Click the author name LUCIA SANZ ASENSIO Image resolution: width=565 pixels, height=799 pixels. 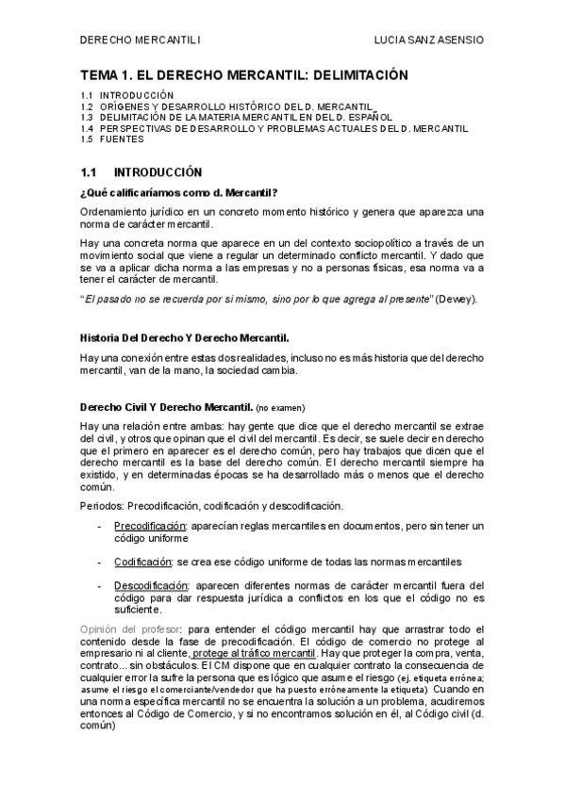click(x=429, y=41)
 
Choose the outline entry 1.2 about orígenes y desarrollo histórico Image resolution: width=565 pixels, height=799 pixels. click(x=227, y=107)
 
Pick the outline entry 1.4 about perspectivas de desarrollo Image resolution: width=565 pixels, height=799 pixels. click(x=274, y=128)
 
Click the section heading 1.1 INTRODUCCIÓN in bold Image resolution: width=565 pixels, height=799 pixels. click(x=141, y=173)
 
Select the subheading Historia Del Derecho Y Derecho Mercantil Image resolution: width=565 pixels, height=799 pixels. click(x=184, y=336)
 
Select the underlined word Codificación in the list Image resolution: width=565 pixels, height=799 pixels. click(x=142, y=562)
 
